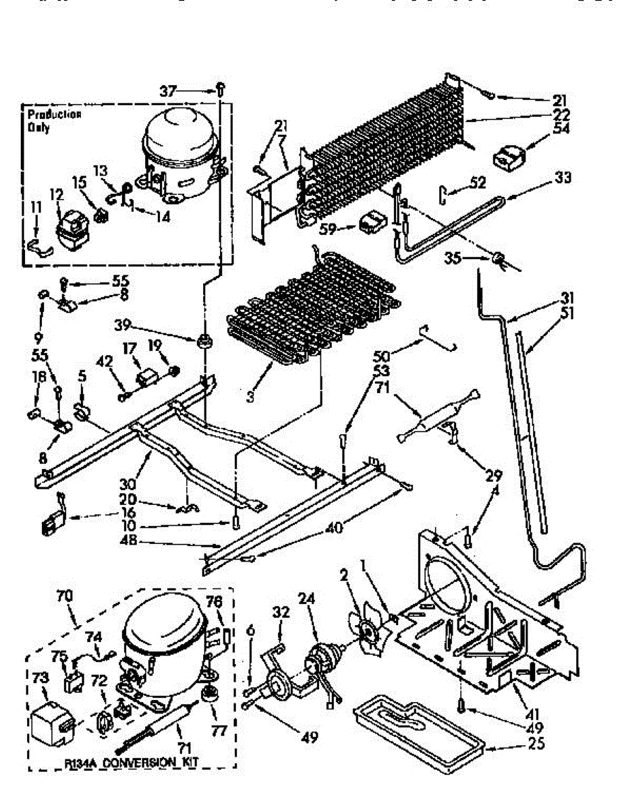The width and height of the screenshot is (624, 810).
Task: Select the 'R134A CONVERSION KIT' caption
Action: (x=136, y=763)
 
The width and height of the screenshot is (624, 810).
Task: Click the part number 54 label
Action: (x=561, y=128)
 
